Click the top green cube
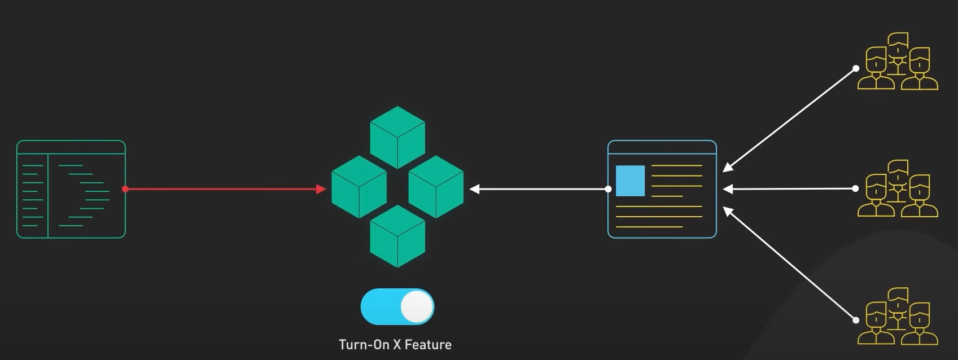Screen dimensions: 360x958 pos(397,137)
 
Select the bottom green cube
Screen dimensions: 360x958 pos(397,236)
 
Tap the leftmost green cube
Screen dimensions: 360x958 pos(359,187)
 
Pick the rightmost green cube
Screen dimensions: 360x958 pos(436,187)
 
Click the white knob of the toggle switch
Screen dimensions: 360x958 pos(417,307)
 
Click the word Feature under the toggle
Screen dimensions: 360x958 pos(428,345)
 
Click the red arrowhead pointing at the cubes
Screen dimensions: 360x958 pos(322,189)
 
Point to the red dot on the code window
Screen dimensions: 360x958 pos(125,189)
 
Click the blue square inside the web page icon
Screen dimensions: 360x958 pos(630,181)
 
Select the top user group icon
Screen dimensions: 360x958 pos(898,62)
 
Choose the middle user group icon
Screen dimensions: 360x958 pos(898,189)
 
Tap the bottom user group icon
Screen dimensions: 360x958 pos(898,317)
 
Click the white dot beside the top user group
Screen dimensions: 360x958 pos(856,68)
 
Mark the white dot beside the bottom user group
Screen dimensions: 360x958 pos(856,320)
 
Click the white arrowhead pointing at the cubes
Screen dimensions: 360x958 pos(475,189)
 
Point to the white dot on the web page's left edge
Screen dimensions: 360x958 pos(608,189)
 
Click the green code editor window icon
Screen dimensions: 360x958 pos(71,189)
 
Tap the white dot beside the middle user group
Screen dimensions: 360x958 pos(856,188)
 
